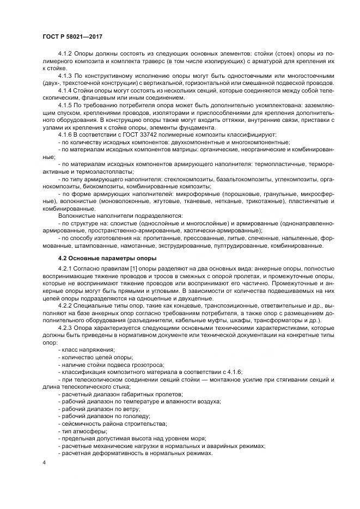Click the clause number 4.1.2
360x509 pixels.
66,55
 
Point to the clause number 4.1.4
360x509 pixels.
66,90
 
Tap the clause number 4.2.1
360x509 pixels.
66,270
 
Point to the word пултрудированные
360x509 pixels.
249,246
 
